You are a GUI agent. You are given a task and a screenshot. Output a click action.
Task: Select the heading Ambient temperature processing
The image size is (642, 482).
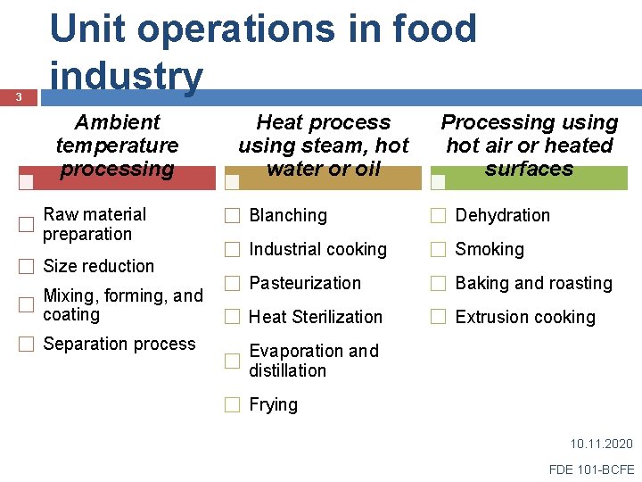[x=117, y=145]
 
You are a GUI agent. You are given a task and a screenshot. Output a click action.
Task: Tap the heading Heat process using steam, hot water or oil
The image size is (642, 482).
[x=323, y=145]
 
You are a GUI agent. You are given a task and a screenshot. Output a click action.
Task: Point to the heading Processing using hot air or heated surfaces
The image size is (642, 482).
[x=529, y=145]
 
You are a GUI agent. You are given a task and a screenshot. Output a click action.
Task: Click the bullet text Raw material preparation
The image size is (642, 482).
[x=95, y=224]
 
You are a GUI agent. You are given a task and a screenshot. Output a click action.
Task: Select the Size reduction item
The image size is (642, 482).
[x=98, y=266]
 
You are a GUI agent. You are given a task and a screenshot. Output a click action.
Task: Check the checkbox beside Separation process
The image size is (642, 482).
[x=27, y=345]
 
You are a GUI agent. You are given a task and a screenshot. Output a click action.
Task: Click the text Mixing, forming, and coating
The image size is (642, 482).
[x=123, y=304]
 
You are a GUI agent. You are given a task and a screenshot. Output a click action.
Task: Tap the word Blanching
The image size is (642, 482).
[x=287, y=215]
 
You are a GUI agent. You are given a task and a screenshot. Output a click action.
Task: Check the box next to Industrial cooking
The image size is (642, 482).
[x=233, y=250]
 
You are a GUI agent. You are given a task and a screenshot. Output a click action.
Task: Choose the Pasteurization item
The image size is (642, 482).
[x=305, y=283]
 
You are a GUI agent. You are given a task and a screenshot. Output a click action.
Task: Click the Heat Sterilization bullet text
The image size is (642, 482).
[x=316, y=317]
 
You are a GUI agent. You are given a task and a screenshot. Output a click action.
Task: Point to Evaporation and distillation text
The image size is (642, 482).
[x=313, y=361]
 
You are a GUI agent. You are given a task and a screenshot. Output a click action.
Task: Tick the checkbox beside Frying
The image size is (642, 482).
[x=233, y=404]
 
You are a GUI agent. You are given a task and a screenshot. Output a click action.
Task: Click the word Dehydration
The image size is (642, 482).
[x=502, y=215]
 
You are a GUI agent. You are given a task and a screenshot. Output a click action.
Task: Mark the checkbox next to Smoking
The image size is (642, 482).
[x=439, y=250]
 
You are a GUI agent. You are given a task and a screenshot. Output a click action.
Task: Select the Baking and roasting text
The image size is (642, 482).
[x=533, y=283]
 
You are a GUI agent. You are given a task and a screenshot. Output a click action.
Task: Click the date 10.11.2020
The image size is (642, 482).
[x=601, y=444]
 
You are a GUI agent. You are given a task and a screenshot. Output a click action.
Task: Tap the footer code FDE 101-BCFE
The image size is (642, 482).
[x=592, y=469]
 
